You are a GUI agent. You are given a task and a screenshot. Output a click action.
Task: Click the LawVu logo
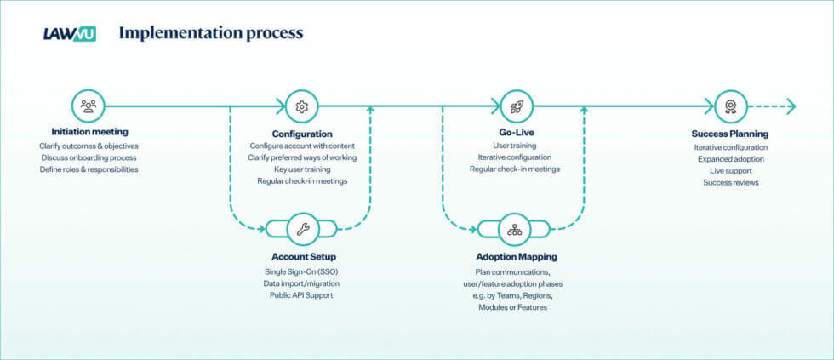click(69, 33)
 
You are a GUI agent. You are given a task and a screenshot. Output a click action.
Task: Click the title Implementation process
click(210, 33)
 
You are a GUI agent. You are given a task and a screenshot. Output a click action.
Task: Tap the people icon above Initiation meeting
click(89, 106)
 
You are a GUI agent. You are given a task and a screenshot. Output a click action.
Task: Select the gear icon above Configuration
click(301, 106)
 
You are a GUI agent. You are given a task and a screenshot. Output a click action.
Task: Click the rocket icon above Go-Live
click(516, 106)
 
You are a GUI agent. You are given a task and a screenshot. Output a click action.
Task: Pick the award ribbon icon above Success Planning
click(730, 106)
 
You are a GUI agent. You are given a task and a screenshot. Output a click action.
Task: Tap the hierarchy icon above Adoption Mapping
click(514, 228)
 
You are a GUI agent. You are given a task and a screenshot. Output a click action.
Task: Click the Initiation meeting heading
click(89, 132)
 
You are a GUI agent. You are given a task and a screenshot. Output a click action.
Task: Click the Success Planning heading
click(730, 134)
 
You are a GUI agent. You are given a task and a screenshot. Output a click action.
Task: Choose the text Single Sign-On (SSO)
click(303, 271)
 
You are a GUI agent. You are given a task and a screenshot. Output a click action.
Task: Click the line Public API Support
click(303, 294)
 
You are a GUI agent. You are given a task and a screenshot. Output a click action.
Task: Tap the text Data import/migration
click(303, 283)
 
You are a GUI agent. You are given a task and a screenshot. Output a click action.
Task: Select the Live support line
click(730, 170)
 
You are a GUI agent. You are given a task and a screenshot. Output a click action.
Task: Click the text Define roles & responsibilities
click(89, 169)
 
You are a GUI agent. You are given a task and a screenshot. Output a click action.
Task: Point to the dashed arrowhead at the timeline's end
click(791, 106)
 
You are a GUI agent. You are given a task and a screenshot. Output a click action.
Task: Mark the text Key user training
click(302, 169)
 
